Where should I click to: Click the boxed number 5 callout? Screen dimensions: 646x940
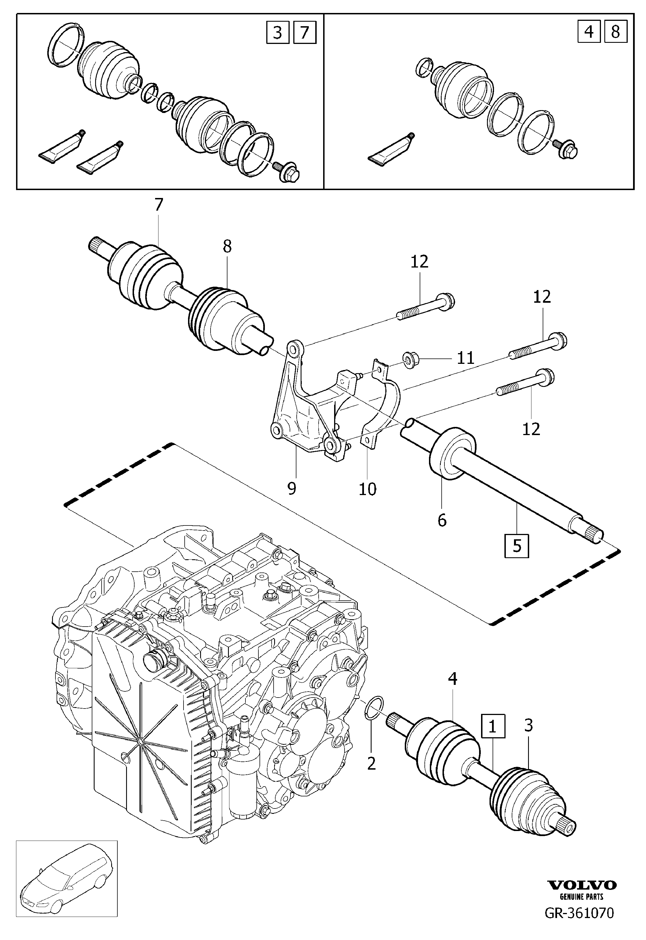coord(517,546)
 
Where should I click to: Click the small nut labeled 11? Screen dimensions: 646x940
coord(411,358)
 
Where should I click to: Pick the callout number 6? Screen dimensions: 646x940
coord(442,520)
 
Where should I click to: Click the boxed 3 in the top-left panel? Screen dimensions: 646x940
coord(278,32)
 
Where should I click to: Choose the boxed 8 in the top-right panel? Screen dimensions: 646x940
coord(615,31)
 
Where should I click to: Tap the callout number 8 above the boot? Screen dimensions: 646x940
coord(227,246)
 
